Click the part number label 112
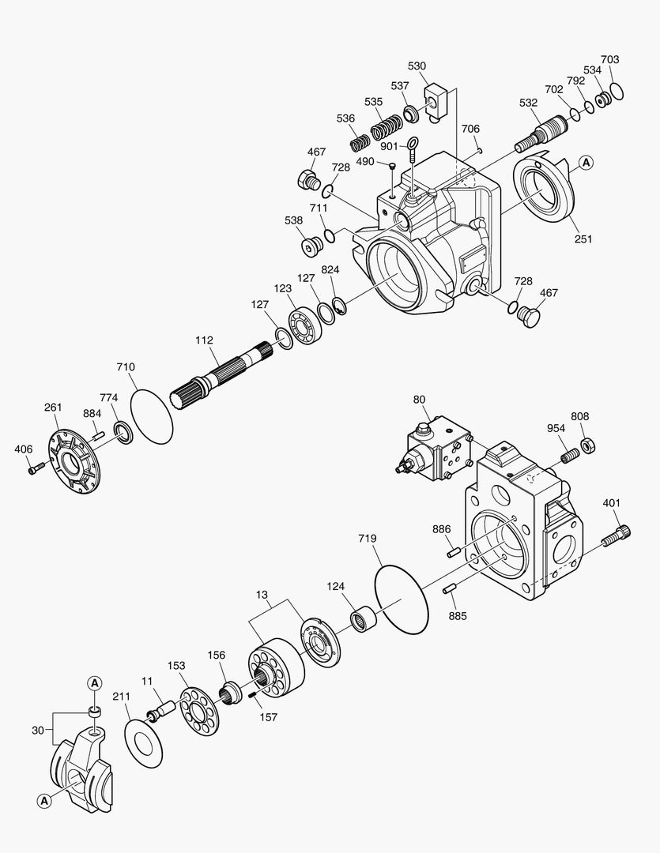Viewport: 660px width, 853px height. (x=205, y=340)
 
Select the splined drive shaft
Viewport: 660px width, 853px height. (x=221, y=375)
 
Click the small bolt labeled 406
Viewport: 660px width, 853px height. (x=32, y=470)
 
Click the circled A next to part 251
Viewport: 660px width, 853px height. (x=585, y=163)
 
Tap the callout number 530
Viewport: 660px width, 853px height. (x=417, y=66)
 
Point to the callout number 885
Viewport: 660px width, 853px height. (x=456, y=615)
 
